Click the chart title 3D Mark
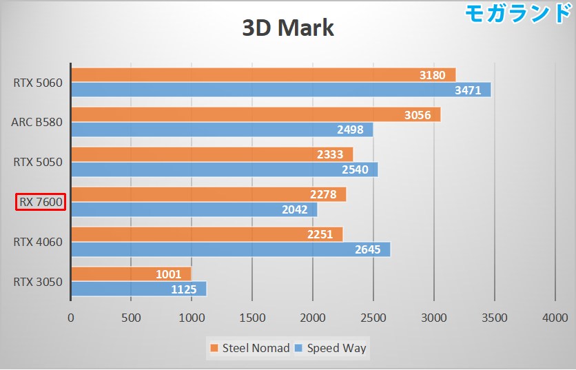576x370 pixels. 288,28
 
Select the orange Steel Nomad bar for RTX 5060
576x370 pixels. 262,74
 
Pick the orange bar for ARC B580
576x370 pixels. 255,114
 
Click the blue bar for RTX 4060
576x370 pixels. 230,249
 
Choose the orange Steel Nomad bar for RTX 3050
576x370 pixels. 131,274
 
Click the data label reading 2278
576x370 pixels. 322,195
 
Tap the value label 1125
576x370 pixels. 183,289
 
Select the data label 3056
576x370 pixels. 417,115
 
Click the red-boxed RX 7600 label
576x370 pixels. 41,202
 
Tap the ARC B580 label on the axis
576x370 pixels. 37,123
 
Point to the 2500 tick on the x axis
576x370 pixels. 373,318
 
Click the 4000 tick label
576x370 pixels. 555,318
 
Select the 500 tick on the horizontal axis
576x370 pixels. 131,318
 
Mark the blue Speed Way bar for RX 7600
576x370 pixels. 193,209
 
